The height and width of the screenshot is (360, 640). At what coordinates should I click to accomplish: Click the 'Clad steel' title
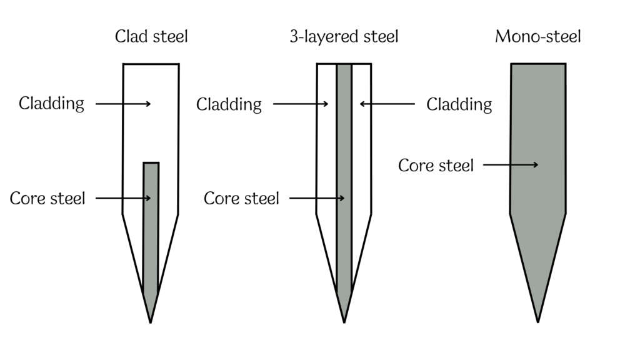point(151,37)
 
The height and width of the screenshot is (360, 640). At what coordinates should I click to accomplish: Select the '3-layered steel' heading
point(344,37)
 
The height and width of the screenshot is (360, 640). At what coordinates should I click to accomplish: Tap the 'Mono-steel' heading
point(537,37)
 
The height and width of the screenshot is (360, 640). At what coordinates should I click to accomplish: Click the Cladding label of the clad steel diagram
point(52,103)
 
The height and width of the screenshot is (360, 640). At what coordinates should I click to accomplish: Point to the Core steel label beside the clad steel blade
point(47,199)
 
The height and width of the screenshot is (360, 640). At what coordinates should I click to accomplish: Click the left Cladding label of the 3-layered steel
point(229,104)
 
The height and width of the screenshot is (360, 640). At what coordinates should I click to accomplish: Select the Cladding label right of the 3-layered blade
point(459,104)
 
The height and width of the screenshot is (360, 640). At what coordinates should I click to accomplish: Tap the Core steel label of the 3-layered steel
point(241,199)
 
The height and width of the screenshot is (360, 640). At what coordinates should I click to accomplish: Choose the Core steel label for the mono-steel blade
point(436,166)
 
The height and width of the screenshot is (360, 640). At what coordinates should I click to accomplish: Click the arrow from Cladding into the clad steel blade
point(123,104)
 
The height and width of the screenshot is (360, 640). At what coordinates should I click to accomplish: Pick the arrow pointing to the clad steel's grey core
point(123,199)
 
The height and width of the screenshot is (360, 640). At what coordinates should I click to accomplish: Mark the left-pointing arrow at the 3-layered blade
point(387,104)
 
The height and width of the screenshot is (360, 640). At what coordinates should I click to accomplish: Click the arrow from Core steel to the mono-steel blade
point(510,165)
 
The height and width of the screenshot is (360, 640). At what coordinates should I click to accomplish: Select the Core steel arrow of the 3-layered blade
point(317,199)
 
